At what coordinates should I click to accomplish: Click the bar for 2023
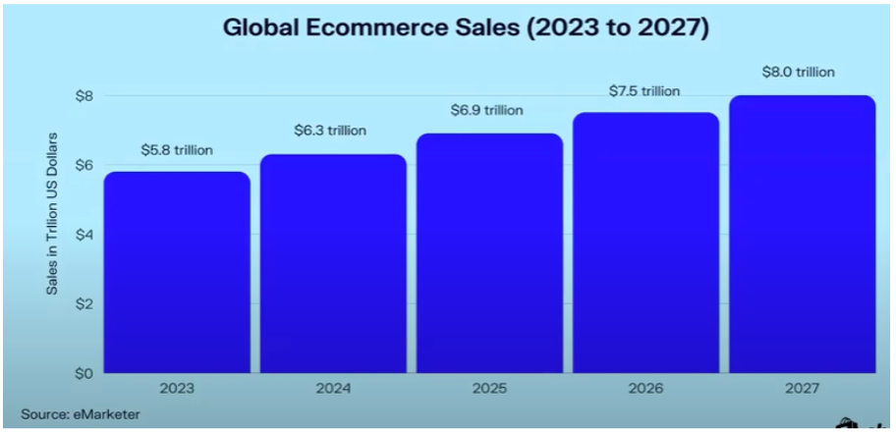[x=178, y=273]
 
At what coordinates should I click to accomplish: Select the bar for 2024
[x=333, y=264]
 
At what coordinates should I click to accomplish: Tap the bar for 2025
[x=489, y=253]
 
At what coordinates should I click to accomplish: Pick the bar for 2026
[x=645, y=244]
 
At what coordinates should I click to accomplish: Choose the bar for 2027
[x=802, y=235]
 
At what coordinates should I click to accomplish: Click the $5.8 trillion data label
[x=178, y=150]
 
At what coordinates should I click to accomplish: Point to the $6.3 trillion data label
[x=333, y=131]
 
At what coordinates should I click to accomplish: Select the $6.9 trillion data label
[x=488, y=110]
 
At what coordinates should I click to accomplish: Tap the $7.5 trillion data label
[x=644, y=91]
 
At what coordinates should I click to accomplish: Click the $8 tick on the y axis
[x=84, y=95]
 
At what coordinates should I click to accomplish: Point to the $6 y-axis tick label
[x=84, y=165]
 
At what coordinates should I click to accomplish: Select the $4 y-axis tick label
[x=84, y=235]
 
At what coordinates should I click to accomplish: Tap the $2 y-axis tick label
[x=84, y=304]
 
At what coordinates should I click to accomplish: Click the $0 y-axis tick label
[x=84, y=374]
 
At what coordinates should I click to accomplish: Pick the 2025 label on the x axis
[x=489, y=390]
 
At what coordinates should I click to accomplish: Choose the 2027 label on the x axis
[x=802, y=390]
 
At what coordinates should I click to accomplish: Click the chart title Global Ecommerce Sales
[x=466, y=27]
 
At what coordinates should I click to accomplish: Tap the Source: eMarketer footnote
[x=80, y=414]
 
